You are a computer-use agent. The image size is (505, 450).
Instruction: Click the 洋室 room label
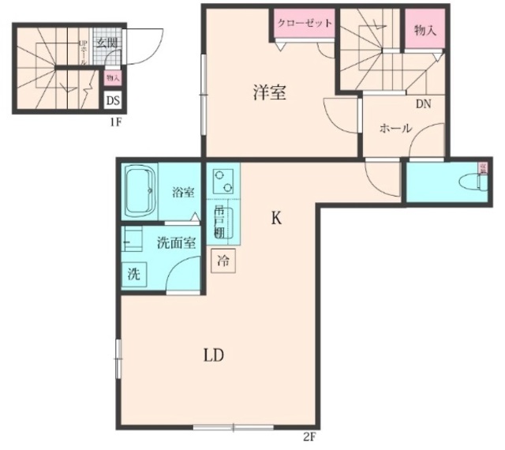pyautogui.click(x=269, y=92)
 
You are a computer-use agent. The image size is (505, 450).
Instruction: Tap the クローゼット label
pyautogui.click(x=305, y=24)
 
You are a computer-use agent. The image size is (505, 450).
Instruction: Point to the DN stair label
pyautogui.click(x=423, y=103)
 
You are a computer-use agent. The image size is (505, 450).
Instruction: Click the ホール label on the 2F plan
pyautogui.click(x=395, y=128)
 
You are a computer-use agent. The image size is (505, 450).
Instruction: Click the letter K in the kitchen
pyautogui.click(x=276, y=219)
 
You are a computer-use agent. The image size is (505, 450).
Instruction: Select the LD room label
pyautogui.click(x=214, y=355)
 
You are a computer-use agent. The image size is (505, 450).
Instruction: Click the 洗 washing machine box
pyautogui.click(x=134, y=275)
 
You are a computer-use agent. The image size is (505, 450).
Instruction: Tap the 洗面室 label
pyautogui.click(x=176, y=243)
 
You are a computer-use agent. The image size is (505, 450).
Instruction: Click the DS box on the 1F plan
pyautogui.click(x=113, y=101)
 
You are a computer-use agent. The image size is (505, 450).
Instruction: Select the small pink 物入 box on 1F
pyautogui.click(x=113, y=77)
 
